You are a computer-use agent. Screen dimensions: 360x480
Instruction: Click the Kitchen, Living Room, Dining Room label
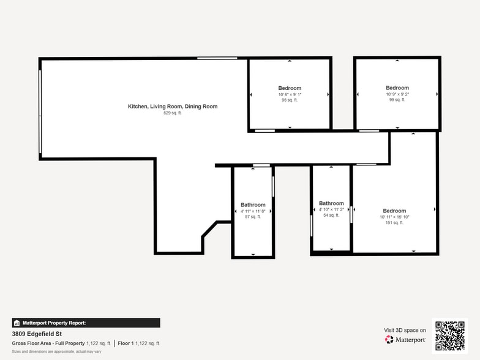(x=172, y=107)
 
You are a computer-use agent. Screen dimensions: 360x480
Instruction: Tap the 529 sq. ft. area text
(x=172, y=113)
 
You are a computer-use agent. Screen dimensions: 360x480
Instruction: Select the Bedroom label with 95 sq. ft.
(x=290, y=88)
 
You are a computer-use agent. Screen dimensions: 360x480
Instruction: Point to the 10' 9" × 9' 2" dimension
(x=397, y=94)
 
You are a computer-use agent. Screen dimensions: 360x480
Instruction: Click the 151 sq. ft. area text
(x=394, y=223)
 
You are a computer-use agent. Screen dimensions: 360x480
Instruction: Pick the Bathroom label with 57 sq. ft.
(x=253, y=205)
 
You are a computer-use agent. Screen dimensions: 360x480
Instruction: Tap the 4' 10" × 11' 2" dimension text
(x=331, y=209)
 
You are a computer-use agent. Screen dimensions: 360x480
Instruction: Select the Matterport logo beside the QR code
(x=405, y=339)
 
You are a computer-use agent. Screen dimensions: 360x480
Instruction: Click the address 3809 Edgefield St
(x=38, y=334)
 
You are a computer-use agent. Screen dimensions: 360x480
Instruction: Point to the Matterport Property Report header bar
(x=86, y=323)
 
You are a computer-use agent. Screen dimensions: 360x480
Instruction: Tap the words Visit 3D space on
(x=405, y=330)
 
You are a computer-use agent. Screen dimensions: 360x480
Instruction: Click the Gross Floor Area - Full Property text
(x=48, y=343)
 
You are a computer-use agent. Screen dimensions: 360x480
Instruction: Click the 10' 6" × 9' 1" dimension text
(x=290, y=94)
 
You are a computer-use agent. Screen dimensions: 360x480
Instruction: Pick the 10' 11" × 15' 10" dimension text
(x=394, y=217)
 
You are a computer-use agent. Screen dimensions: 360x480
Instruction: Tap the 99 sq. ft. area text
(x=397, y=100)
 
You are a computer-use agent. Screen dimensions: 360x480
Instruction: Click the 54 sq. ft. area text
(x=331, y=216)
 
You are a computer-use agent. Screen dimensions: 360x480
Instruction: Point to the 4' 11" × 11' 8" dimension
(x=253, y=211)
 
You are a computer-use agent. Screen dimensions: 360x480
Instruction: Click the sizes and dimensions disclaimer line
(x=56, y=351)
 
